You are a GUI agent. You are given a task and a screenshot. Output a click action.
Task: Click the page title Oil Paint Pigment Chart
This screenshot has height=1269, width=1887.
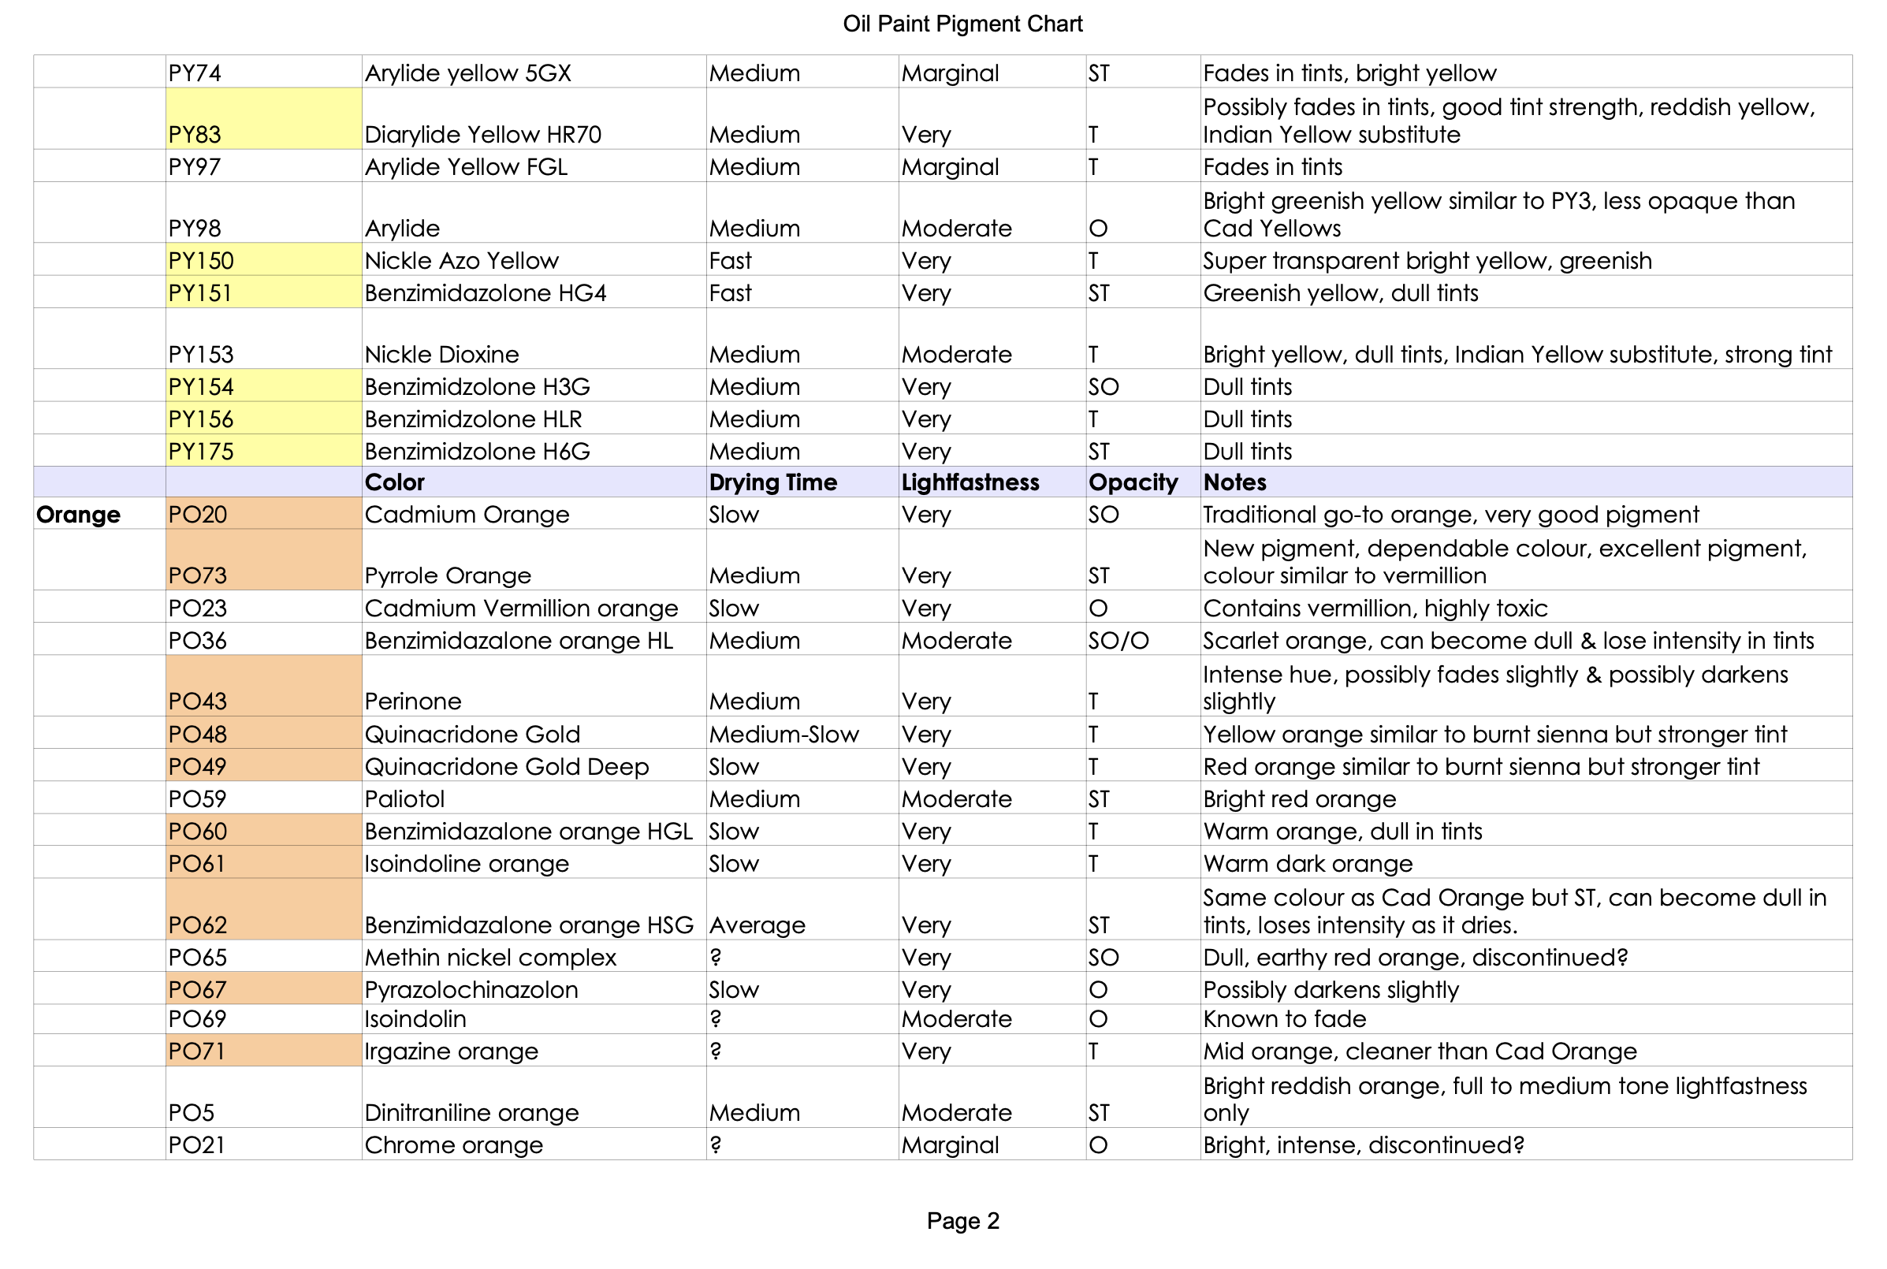coord(962,24)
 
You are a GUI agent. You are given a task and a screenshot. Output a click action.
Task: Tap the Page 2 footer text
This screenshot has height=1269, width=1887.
coord(963,1220)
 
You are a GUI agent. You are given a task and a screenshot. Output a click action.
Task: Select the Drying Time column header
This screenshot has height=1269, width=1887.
coord(772,482)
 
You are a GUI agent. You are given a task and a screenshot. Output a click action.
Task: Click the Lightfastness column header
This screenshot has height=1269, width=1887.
coord(970,482)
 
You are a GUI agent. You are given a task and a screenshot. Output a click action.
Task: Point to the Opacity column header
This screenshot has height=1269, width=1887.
coord(1133,482)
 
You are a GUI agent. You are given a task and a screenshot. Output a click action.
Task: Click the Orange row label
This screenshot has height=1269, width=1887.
coord(79,515)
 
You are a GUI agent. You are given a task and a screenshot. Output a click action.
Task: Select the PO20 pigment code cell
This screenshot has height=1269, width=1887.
coord(199,515)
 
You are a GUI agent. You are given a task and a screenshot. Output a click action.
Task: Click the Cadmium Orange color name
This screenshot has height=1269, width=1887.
coord(467,515)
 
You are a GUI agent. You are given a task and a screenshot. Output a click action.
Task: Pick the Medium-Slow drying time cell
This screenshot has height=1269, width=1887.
coord(783,734)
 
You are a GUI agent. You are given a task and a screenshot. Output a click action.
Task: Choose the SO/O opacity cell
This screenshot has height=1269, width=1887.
coord(1118,641)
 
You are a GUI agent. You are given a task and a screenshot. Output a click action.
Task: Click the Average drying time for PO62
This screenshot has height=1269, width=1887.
coord(757,925)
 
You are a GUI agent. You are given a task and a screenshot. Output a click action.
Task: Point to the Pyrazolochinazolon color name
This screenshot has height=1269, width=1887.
coord(471,990)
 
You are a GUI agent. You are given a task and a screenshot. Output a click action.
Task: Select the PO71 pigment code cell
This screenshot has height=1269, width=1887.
coord(196,1051)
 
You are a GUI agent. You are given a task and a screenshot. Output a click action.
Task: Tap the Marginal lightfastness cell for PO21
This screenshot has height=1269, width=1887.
coord(950,1145)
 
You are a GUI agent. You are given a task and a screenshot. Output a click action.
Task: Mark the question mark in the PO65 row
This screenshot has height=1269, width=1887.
coord(716,958)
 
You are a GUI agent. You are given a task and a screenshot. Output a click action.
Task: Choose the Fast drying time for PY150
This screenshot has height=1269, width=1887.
coord(730,261)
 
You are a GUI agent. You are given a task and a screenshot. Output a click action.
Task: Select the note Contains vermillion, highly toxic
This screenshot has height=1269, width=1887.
coord(1375,608)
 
